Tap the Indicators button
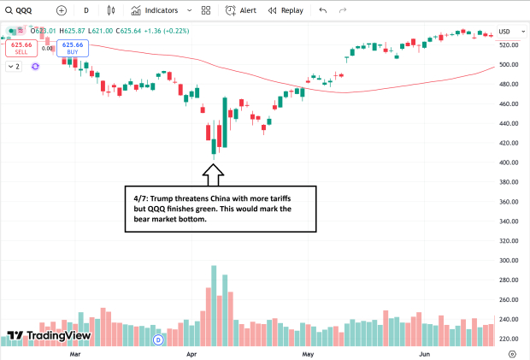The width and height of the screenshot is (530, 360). tap(155, 10)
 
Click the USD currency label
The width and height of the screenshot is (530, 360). tap(504, 32)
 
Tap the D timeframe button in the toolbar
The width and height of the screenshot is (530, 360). tap(85, 10)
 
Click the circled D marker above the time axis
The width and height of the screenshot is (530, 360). tap(157, 339)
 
